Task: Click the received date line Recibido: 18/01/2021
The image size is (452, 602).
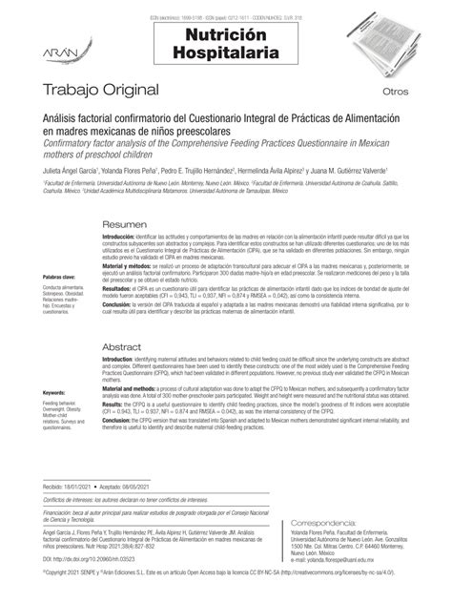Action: (x=72, y=487)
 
